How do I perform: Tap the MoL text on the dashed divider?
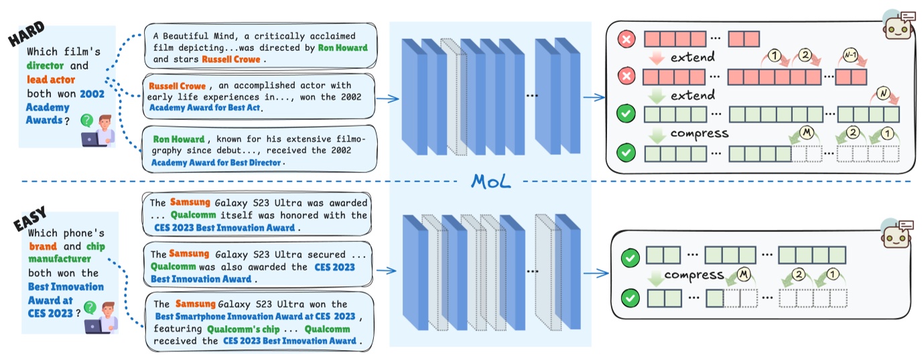491,181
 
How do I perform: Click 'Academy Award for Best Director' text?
218,162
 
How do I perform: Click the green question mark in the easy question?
88,307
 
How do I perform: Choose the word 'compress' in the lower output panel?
694,276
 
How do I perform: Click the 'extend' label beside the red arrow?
692,57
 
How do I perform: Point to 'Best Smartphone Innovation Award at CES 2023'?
255,316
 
